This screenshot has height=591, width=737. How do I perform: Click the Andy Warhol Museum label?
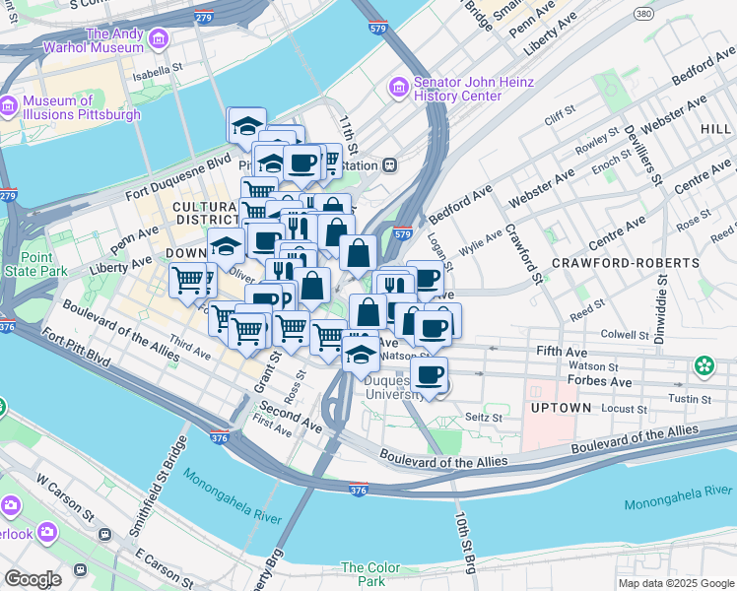(116, 40)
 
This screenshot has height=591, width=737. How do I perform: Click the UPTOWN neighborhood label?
(561, 407)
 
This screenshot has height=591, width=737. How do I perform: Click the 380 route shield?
(642, 14)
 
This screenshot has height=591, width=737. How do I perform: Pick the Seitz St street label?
(483, 418)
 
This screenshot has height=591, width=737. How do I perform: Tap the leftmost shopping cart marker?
(187, 280)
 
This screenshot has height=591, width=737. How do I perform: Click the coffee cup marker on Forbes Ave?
(429, 374)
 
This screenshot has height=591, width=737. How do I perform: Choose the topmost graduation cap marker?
(245, 124)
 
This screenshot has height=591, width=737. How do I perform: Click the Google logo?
(33, 578)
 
